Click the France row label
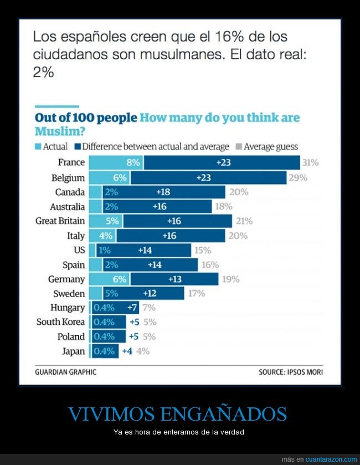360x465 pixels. (71, 162)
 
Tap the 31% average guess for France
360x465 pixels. (310, 163)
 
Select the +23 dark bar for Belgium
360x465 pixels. (208, 177)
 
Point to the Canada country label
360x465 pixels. (70, 192)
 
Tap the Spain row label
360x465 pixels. (74, 264)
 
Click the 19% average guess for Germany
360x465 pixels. (230, 279)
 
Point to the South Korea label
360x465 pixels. (60, 322)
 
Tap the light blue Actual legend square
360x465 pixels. (38, 147)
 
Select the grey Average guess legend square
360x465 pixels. (239, 147)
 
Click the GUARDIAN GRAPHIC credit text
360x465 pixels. (65, 372)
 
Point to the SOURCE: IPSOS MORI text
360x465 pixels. (290, 372)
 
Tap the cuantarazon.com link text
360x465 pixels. (332, 459)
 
